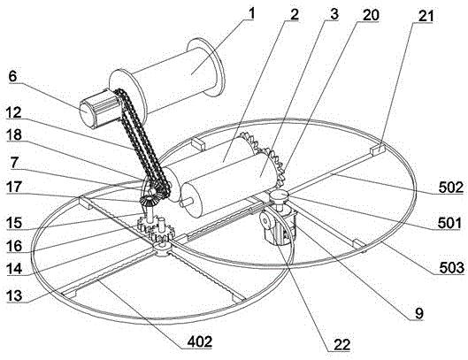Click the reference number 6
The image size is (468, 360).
click(12, 76)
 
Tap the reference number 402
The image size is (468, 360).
click(200, 341)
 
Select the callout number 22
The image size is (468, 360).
click(341, 345)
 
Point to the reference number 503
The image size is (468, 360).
click(452, 268)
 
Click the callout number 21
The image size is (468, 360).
click(426, 16)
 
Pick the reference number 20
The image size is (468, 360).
click(371, 15)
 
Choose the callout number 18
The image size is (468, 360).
click(14, 134)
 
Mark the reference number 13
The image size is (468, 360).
click(14, 295)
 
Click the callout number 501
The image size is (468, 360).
click(449, 223)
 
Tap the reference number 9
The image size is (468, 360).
click(419, 313)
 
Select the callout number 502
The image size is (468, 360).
click(451, 188)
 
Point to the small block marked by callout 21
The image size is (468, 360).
click(377, 148)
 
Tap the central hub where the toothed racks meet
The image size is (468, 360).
click(163, 250)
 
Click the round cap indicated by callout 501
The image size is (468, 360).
click(279, 196)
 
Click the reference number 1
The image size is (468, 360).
click(252, 13)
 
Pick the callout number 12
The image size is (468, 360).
click(14, 112)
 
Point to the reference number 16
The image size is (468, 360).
click(14, 246)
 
